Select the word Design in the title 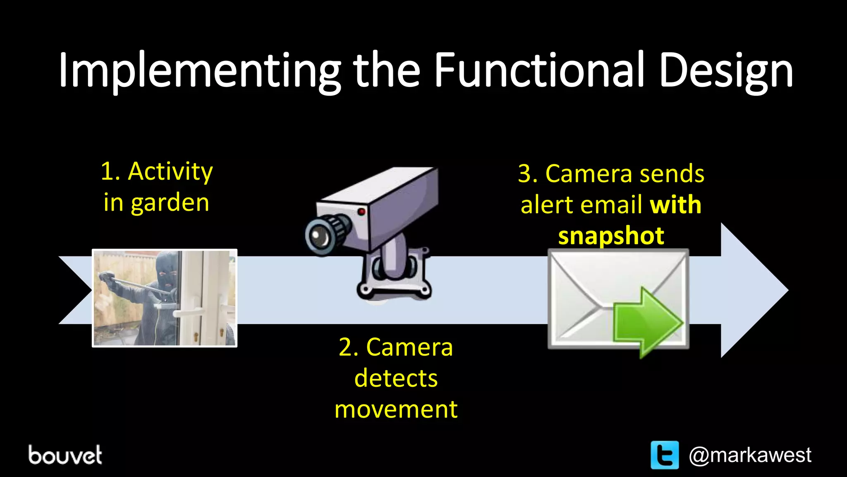726,70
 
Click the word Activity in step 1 170,171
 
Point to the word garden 170,203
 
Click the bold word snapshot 611,236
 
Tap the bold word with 675,205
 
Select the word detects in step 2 396,378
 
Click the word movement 396,410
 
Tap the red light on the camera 361,212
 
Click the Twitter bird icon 665,455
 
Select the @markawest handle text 750,455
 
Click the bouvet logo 65,455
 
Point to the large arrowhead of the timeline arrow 753,290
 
